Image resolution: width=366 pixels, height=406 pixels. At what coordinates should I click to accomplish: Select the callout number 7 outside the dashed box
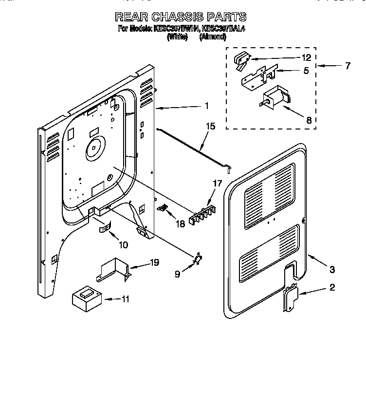[347, 66]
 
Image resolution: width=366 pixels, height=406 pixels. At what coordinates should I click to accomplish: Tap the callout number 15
[210, 126]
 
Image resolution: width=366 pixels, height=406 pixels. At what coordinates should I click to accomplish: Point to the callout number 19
[154, 263]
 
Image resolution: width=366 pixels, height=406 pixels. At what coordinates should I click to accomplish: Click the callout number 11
[126, 299]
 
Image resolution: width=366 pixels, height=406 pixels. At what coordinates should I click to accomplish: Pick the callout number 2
[332, 288]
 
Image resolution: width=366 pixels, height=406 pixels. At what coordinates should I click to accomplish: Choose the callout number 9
[177, 274]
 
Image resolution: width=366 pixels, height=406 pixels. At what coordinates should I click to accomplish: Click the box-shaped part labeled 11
[85, 298]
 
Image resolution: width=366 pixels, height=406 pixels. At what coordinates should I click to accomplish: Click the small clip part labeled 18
[164, 208]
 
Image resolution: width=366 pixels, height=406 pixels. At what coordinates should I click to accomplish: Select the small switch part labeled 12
[241, 59]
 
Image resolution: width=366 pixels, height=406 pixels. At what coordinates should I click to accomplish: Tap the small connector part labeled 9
[198, 259]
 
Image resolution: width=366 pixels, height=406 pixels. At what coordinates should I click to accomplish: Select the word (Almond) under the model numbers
[213, 37]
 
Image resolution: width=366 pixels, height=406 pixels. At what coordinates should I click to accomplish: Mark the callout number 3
[332, 268]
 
